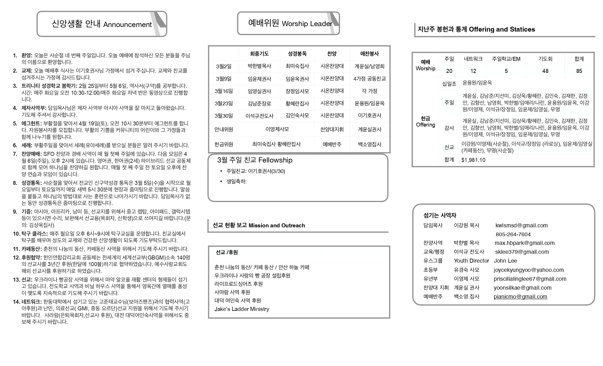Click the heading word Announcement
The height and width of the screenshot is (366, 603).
127,25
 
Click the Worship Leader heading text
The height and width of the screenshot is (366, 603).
307,24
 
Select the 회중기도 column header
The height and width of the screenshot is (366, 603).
259,54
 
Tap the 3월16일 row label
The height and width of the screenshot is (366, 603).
224,91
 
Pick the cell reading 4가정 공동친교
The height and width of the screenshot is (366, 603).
370,79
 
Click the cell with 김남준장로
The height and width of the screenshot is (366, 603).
259,104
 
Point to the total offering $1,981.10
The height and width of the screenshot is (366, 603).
473,160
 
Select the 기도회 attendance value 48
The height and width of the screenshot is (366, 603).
545,71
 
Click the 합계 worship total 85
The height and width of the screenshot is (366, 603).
579,71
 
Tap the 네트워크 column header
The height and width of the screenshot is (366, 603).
473,59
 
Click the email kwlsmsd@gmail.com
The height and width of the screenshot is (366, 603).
521,226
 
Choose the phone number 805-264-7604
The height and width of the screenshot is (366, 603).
513,235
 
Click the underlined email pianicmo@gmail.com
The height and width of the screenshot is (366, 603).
520,297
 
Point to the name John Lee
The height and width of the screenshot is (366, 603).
505,261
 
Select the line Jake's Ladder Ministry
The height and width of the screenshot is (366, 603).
241,309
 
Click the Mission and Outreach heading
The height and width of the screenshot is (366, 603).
277,226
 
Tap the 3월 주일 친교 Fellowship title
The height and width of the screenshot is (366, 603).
255,160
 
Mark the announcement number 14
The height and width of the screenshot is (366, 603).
16,302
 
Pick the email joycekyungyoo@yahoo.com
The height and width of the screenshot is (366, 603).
529,270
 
